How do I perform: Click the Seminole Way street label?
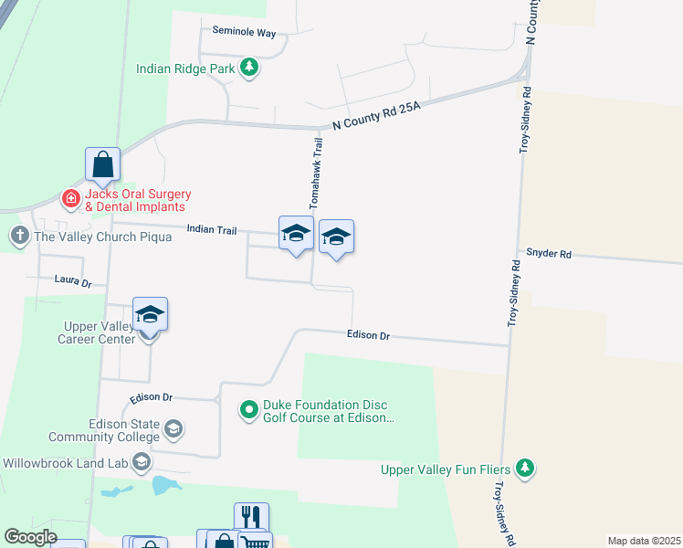click(244, 31)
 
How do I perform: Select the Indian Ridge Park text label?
click(184, 68)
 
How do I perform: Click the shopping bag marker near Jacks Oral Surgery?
click(103, 164)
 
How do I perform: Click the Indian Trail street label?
click(212, 229)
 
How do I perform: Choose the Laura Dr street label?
click(73, 279)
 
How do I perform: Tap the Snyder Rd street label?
click(548, 254)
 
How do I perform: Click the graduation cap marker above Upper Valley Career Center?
click(150, 314)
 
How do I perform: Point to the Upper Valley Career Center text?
click(100, 332)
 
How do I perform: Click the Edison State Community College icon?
click(173, 427)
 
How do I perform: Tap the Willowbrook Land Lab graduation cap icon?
click(142, 463)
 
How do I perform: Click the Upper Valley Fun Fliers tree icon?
click(524, 469)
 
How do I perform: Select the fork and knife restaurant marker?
click(251, 517)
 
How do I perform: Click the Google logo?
click(31, 537)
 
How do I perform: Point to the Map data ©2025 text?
click(643, 541)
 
